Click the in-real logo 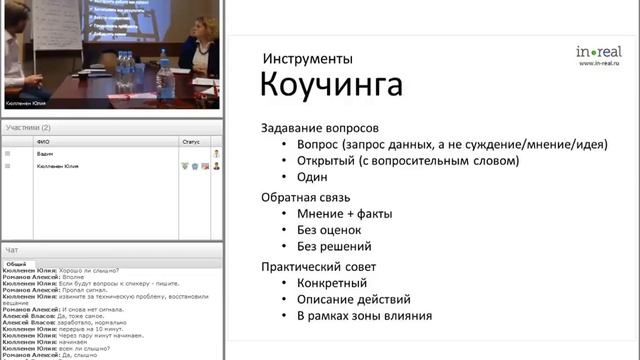597,51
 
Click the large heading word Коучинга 331,86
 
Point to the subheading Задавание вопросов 320,128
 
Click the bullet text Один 313,177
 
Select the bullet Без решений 334,247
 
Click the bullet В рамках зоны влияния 364,317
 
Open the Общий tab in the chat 16,264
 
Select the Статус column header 190,142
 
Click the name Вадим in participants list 45,154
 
